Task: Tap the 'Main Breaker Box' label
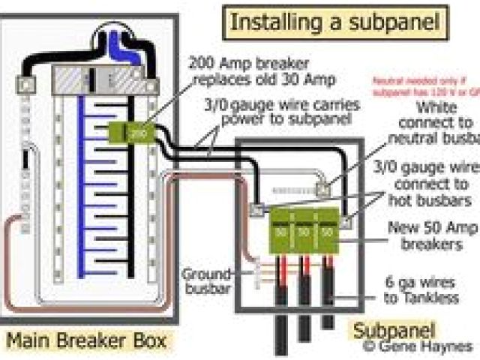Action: point(87,341)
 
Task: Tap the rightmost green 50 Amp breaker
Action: point(328,232)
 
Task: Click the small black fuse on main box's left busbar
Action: point(27,162)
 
